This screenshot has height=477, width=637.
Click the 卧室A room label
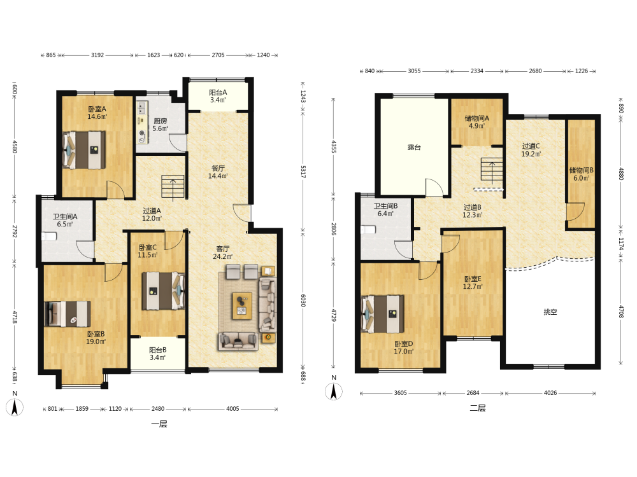pos(97,109)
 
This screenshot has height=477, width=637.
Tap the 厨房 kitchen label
pos(160,121)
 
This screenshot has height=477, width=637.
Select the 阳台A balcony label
pos(218,92)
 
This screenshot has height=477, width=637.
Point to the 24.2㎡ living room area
pos(222,256)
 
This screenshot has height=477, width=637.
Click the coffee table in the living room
pos(241,306)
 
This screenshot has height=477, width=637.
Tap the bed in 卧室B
pos(68,314)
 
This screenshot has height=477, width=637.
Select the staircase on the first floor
pos(173,187)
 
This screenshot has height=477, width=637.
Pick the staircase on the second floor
pos(492,170)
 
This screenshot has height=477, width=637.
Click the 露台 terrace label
pos(414,148)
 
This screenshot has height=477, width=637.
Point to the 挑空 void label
pos(550,312)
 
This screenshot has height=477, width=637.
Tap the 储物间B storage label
pos(581,170)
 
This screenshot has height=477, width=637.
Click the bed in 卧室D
pos(382,314)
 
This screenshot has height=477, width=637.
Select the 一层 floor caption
pos(159,424)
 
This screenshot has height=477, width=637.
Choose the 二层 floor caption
pos(478,408)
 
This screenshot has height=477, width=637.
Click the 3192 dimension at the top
pos(97,55)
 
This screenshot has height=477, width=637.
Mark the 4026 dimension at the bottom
pos(550,393)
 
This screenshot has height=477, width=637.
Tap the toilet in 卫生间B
pos(368,230)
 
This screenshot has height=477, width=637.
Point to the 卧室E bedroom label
pos(473,279)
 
